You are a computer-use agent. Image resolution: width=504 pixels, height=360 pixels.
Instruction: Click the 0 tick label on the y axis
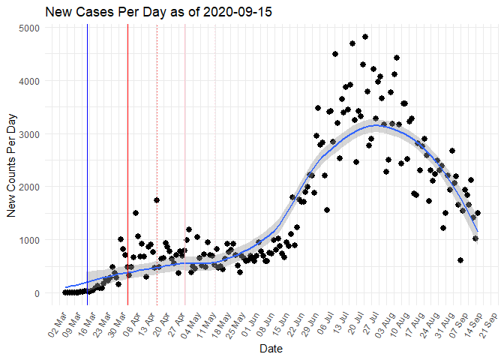click(x=39, y=293)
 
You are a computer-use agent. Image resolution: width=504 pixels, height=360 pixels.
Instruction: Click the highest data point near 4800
click(x=364, y=36)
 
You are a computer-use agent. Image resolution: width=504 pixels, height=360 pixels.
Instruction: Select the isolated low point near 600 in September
click(x=460, y=260)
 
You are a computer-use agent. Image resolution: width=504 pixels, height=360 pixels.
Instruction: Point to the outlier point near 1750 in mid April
click(x=157, y=200)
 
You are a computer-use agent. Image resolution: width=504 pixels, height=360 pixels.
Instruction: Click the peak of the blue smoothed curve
click(x=376, y=125)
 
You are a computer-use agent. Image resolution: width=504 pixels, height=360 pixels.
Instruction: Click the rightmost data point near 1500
click(x=478, y=213)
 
